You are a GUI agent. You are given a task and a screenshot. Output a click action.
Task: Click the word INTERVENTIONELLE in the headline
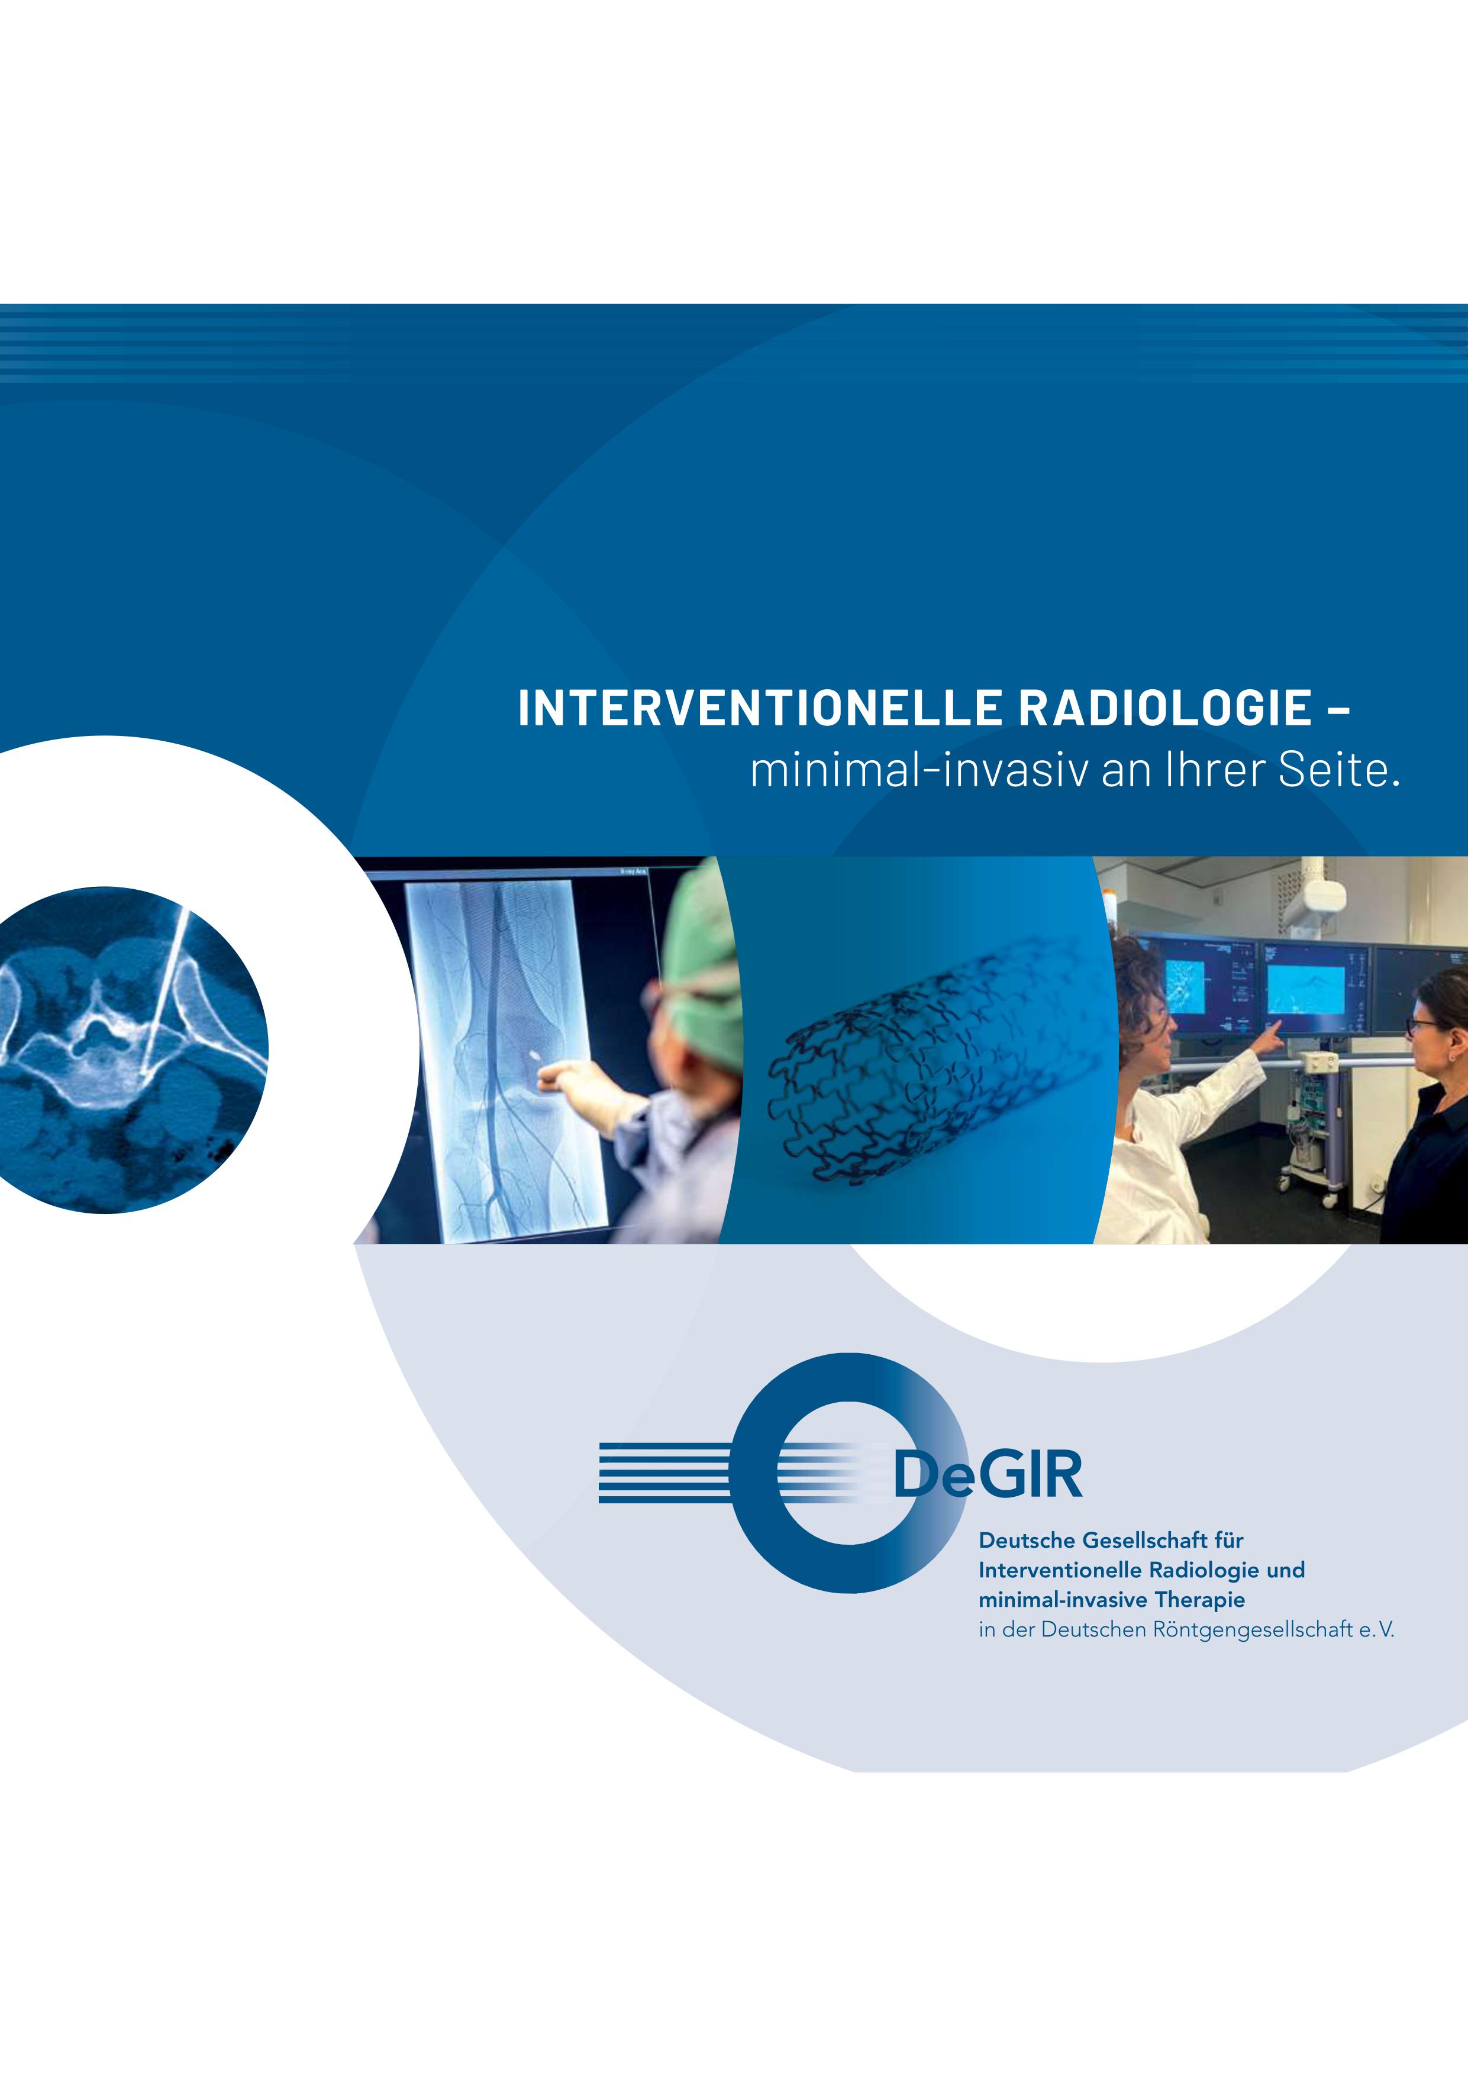coord(760,708)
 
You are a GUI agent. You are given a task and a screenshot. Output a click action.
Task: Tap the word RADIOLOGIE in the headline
coord(1165,708)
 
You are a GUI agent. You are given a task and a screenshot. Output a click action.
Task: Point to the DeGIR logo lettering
coord(987,1475)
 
